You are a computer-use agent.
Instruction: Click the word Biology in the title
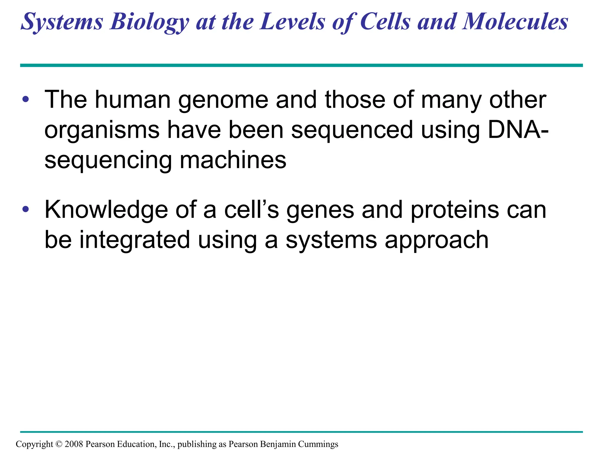pos(149,22)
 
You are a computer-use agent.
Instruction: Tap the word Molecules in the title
pos(515,22)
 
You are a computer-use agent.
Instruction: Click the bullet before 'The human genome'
pos(26,99)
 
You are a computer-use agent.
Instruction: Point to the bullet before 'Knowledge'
pos(26,210)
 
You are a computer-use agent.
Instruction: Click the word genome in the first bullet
pos(223,100)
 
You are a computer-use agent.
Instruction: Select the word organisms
pos(102,130)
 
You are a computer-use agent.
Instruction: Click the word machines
pos(233,160)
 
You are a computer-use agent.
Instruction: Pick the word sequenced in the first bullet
pos(352,130)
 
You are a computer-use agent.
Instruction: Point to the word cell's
pos(251,210)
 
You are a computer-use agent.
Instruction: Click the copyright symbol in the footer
pos(59,444)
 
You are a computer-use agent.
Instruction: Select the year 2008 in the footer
pos(74,444)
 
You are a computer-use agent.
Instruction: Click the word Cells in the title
pos(385,22)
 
